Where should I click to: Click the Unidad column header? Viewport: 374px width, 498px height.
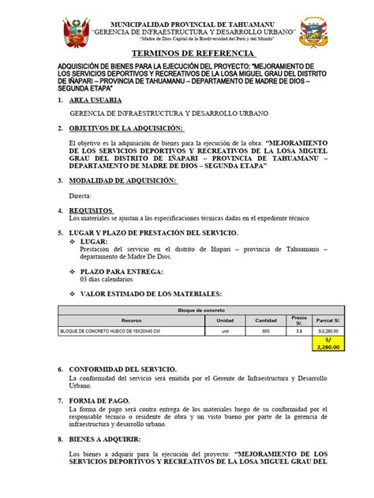(225, 321)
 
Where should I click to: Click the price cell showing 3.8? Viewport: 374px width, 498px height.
(298, 332)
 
